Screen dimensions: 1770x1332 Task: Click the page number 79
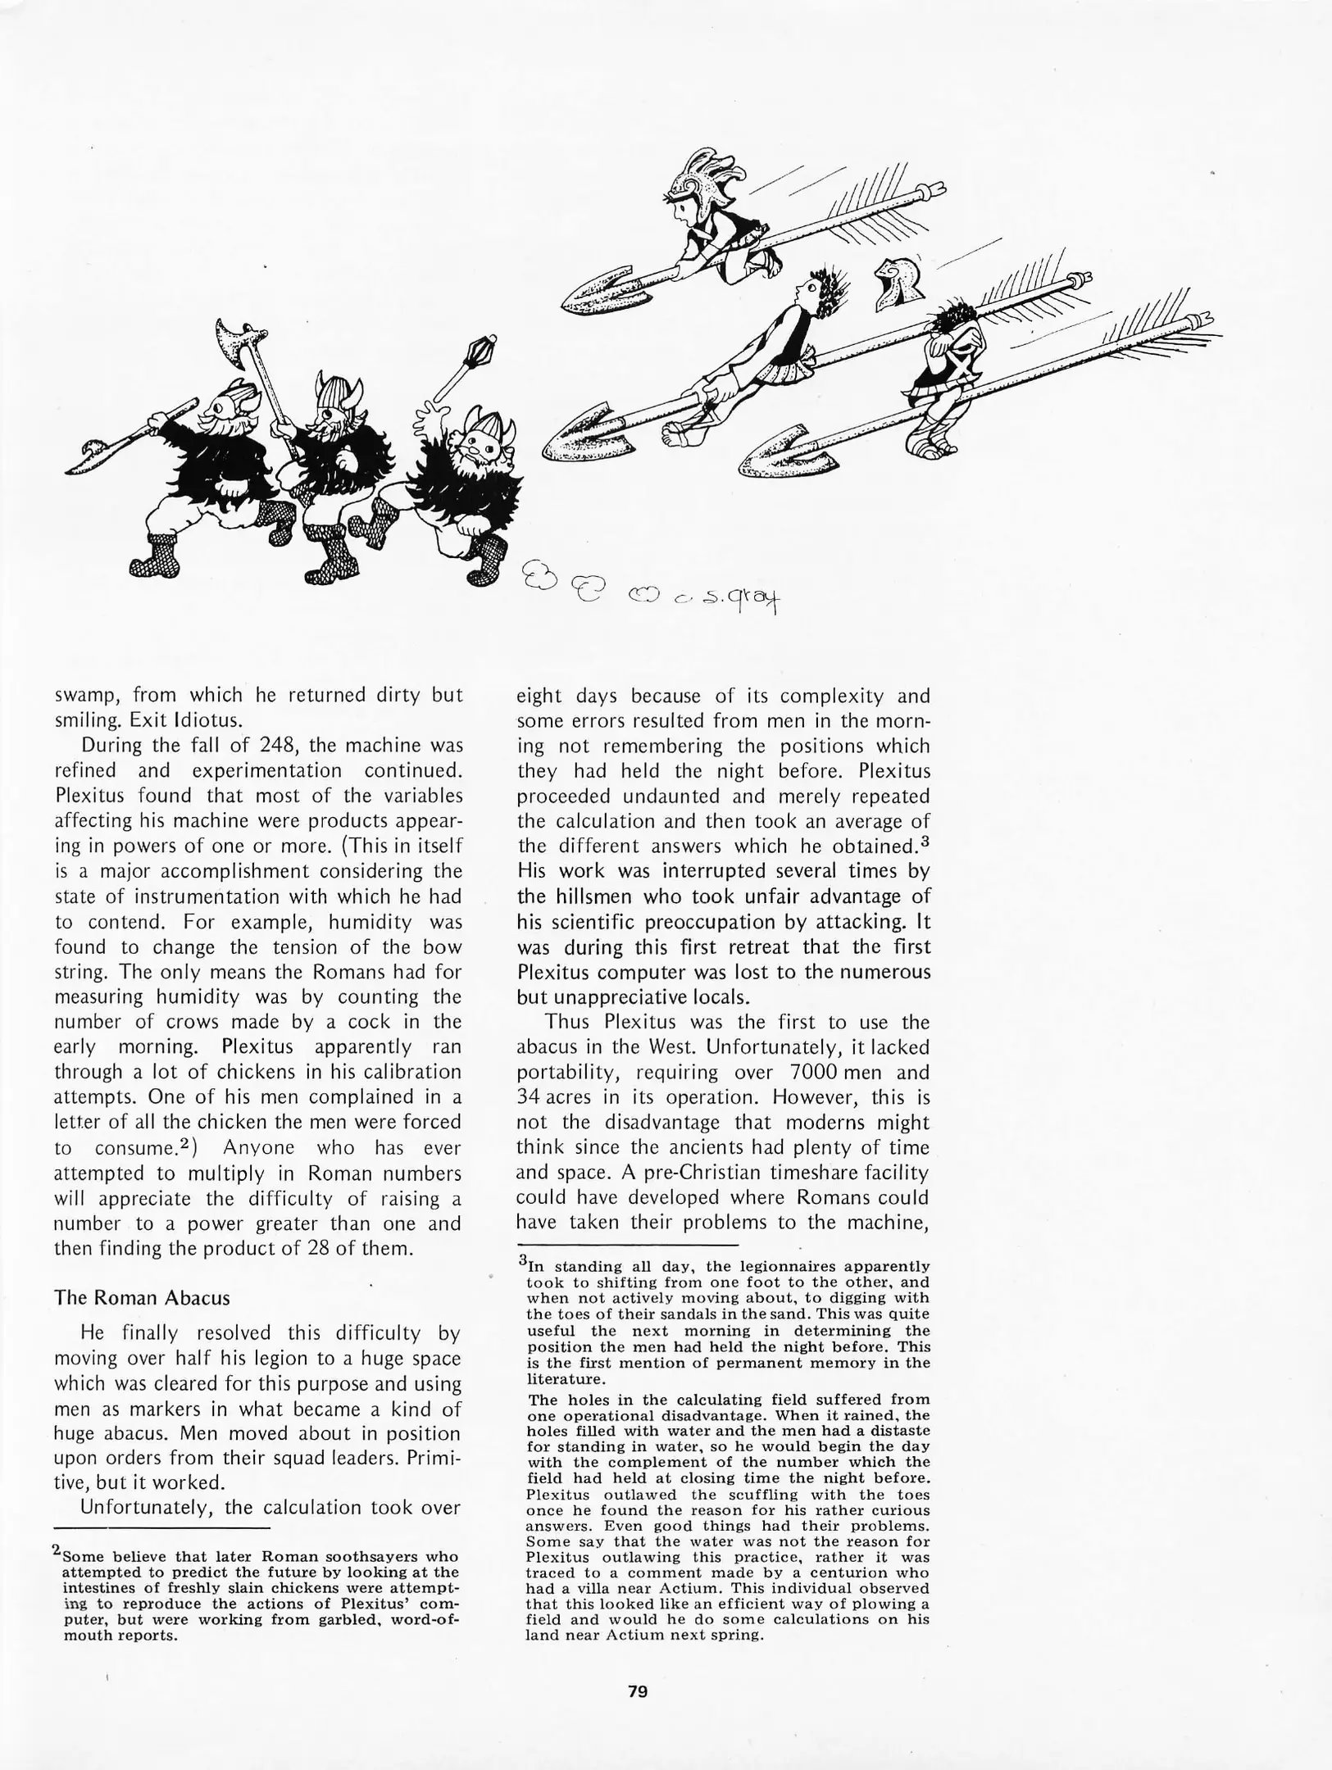click(x=637, y=1691)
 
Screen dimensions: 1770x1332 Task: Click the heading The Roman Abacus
click(x=142, y=1297)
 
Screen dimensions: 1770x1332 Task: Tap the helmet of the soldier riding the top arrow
click(x=690, y=179)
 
